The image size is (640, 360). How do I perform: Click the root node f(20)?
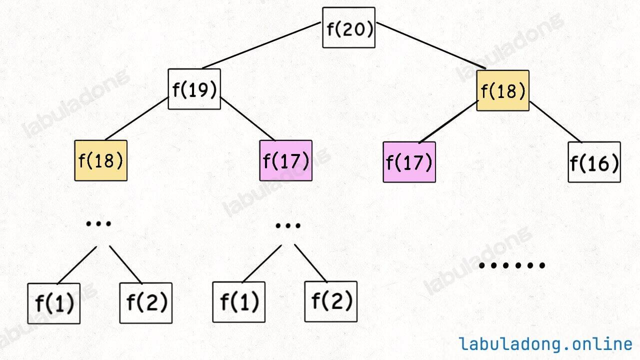click(348, 27)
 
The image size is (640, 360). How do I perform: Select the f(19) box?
click(194, 89)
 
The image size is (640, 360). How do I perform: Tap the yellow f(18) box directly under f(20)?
click(503, 90)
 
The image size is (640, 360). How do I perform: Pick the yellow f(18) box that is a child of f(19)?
click(101, 160)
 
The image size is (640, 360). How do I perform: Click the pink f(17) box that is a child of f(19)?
click(285, 160)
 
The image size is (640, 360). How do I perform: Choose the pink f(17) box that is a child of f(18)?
click(409, 162)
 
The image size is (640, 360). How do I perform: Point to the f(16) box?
click(594, 162)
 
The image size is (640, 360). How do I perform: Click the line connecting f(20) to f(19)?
click(261, 45)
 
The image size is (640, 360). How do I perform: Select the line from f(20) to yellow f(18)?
click(431, 45)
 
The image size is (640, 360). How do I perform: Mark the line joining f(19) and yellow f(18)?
click(136, 118)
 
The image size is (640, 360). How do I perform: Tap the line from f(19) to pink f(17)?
click(247, 119)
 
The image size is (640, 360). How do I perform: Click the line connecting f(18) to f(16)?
click(555, 122)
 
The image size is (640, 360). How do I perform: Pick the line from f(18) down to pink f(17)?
click(449, 121)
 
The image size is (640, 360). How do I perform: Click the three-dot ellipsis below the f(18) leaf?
click(98, 223)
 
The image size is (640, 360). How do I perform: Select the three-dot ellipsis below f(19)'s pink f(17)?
click(288, 225)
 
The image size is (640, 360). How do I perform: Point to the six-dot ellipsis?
click(511, 265)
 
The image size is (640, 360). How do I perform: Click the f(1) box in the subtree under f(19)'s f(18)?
click(53, 303)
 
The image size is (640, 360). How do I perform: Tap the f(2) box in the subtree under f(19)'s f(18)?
click(146, 303)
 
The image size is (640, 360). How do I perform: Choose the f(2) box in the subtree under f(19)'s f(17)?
click(331, 301)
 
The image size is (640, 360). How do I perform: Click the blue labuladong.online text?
click(545, 343)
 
